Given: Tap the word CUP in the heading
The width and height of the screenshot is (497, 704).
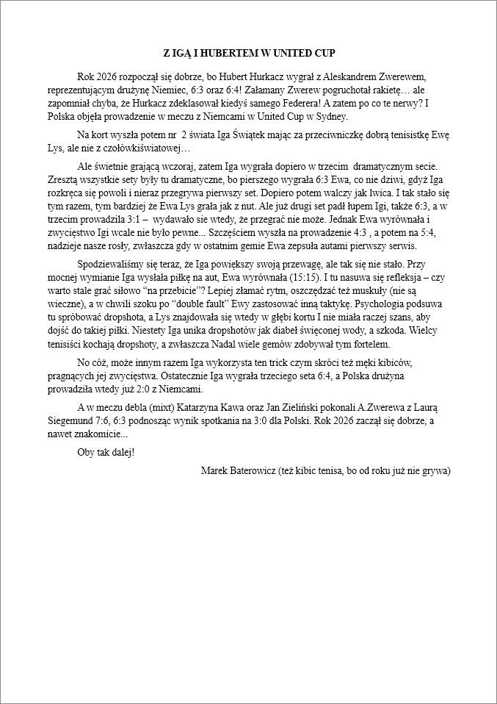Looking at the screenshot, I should point(323,54).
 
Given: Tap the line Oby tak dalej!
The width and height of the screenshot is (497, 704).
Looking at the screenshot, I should point(106,451).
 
